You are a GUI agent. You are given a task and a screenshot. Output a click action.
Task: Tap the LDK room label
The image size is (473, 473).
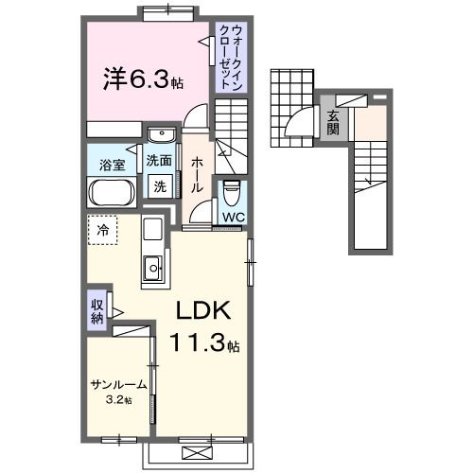[200, 313]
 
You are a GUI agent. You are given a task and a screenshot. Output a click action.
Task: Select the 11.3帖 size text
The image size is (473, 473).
[201, 344]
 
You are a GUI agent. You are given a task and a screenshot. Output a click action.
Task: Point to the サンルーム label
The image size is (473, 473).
[119, 385]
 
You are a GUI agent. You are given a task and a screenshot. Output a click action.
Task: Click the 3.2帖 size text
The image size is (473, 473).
[119, 399]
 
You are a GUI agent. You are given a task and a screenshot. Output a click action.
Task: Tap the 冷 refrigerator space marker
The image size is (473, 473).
[102, 228]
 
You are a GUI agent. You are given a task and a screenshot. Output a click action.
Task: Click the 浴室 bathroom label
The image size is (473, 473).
[112, 166]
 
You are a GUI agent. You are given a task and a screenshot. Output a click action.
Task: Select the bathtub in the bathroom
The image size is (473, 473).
[113, 194]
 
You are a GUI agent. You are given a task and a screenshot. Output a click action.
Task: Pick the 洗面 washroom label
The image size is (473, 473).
[159, 161]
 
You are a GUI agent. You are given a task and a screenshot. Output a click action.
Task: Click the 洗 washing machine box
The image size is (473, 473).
[160, 186]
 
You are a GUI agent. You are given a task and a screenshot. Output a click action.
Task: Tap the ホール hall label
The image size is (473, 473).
[197, 174]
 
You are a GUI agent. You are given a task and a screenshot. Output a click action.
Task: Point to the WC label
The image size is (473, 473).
[232, 217]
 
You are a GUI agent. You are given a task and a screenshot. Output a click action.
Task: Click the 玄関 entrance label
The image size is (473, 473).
[333, 122]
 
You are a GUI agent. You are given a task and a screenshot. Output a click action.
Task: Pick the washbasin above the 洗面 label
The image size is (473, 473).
[162, 134]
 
